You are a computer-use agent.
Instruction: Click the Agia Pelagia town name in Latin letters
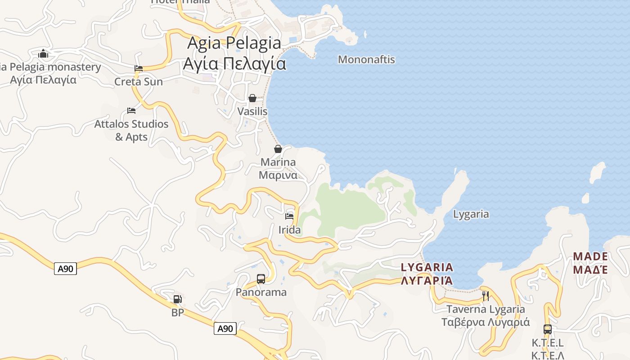(234, 43)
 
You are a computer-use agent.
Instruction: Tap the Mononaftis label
(366, 59)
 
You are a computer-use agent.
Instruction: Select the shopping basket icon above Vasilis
(252, 98)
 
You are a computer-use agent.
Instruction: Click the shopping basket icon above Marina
(278, 149)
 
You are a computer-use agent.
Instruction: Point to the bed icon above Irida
(289, 216)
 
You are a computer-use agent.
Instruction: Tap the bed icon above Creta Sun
(139, 68)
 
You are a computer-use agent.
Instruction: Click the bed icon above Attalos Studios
(131, 110)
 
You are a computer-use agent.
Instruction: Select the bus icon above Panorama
(261, 279)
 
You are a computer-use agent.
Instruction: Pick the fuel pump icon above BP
(178, 299)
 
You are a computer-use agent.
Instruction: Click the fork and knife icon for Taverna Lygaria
(486, 296)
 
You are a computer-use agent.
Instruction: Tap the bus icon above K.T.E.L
(547, 329)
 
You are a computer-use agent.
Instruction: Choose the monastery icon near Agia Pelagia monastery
(43, 54)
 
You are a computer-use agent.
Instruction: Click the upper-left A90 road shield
(66, 269)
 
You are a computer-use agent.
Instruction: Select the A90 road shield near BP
(225, 328)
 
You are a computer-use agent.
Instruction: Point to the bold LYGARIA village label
(427, 267)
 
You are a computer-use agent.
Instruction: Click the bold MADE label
(590, 256)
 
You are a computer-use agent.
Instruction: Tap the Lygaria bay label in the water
(471, 214)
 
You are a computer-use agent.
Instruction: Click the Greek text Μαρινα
(278, 175)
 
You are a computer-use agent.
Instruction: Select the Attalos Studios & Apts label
(131, 130)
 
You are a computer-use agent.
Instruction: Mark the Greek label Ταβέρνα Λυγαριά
(486, 322)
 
